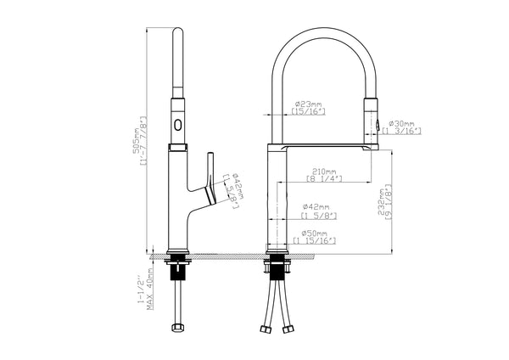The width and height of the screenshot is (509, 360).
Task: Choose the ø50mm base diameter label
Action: pyautogui.click(x=316, y=232)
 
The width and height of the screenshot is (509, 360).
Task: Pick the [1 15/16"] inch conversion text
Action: pyautogui.click(x=316, y=242)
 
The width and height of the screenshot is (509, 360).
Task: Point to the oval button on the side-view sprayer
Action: pyautogui.click(x=177, y=125)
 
